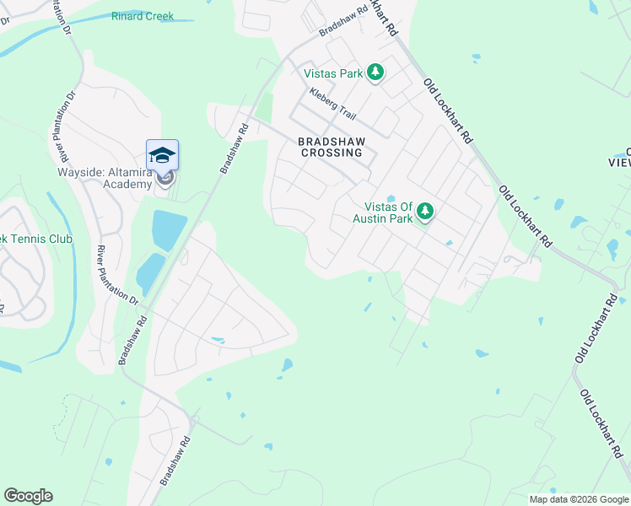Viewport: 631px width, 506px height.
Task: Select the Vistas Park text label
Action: (333, 74)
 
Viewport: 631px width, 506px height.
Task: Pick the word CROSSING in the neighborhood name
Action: (332, 153)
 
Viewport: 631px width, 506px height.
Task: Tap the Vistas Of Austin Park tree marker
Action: (425, 212)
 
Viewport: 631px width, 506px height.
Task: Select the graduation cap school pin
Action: (162, 156)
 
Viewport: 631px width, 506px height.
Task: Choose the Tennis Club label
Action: (42, 239)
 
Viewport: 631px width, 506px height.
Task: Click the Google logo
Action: (28, 496)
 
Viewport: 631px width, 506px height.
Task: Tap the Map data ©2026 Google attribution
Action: (579, 499)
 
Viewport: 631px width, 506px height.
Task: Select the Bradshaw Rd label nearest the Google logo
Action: (175, 460)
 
